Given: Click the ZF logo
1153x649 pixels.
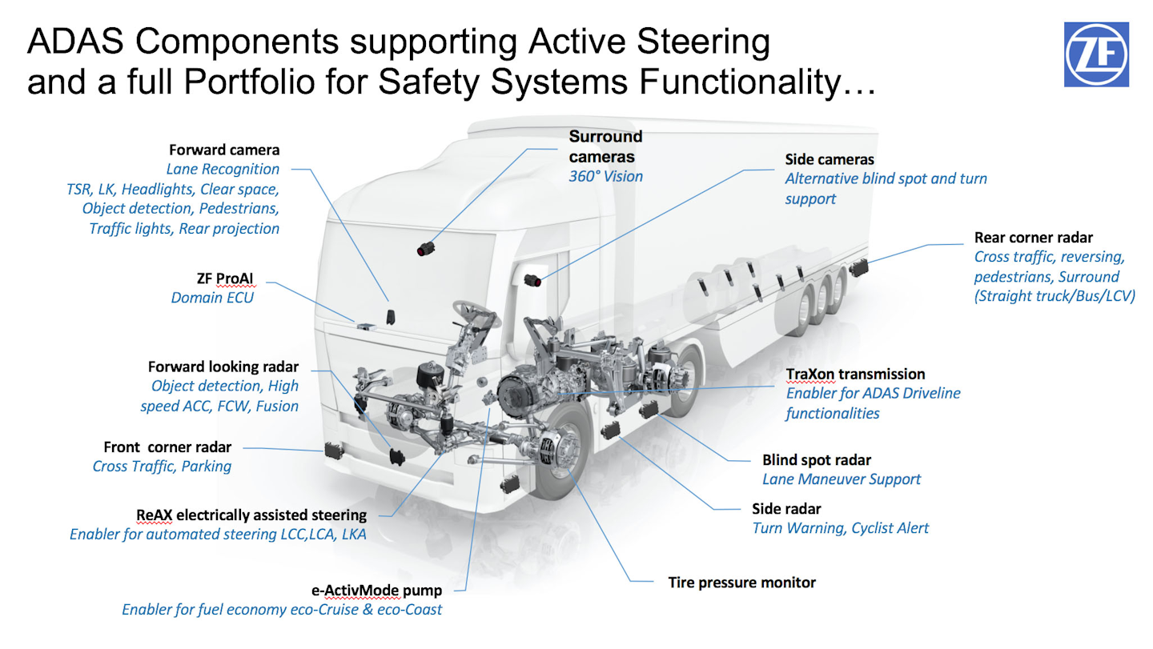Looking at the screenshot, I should (1096, 54).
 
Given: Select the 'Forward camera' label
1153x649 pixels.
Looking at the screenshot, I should (224, 150).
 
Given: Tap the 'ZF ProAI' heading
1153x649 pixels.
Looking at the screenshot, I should (225, 278).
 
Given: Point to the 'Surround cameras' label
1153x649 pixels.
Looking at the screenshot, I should (605, 146).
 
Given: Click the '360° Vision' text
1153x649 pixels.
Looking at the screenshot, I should (605, 176).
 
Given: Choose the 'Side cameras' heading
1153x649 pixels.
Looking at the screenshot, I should (830, 160).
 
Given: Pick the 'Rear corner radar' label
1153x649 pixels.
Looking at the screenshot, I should (1033, 237).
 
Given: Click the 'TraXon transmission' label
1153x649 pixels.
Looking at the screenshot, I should (855, 374).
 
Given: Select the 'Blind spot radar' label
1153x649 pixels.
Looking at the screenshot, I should (816, 460).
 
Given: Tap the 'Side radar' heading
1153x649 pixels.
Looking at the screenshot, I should (786, 509).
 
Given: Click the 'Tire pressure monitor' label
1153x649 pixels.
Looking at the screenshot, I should (741, 583).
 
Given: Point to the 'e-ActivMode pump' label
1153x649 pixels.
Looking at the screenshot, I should (376, 591).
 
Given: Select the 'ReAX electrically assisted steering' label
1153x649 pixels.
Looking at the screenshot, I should (251, 515).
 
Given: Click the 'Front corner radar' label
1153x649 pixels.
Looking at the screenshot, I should (167, 447).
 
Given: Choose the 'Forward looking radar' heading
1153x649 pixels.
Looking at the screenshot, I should (223, 367).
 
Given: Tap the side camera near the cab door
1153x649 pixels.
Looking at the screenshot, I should (533, 279).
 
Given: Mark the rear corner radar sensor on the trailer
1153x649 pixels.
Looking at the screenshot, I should (860, 267).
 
